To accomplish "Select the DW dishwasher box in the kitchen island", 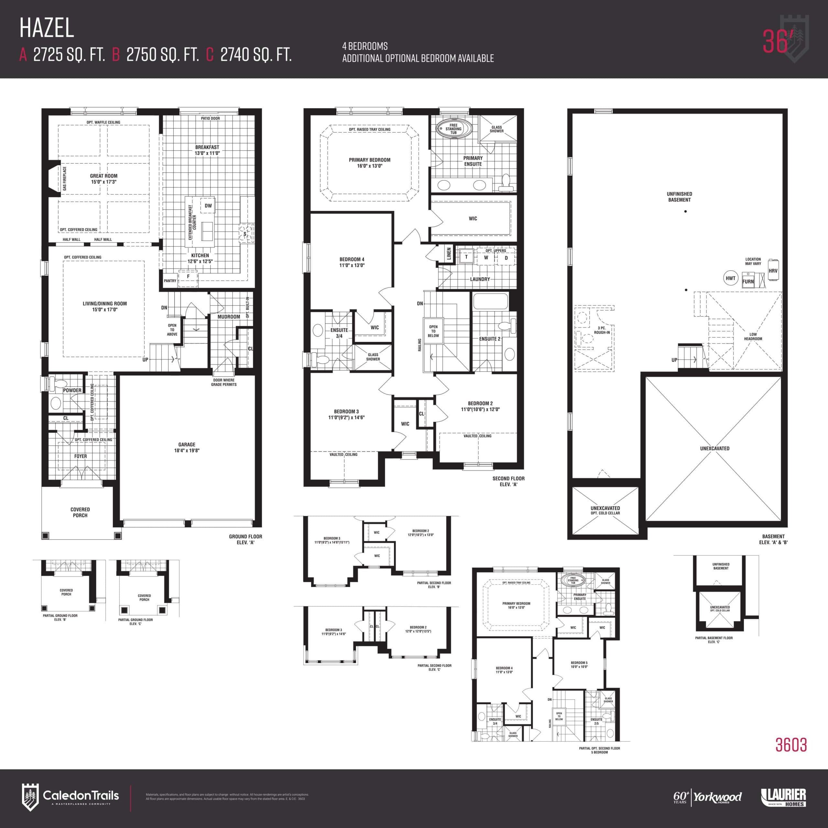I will [208, 206].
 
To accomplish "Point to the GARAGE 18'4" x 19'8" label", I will [187, 447].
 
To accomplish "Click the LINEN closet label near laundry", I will [449, 254].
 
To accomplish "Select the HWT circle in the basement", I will [730, 278].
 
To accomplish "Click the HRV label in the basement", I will [773, 271].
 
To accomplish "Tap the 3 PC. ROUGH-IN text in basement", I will [602, 330].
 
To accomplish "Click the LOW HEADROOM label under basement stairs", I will [753, 336].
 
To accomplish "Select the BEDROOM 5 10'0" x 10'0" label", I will [579, 664].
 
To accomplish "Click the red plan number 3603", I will [791, 745].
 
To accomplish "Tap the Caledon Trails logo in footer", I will [71, 796].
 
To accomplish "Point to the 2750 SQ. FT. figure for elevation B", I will [162, 55].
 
